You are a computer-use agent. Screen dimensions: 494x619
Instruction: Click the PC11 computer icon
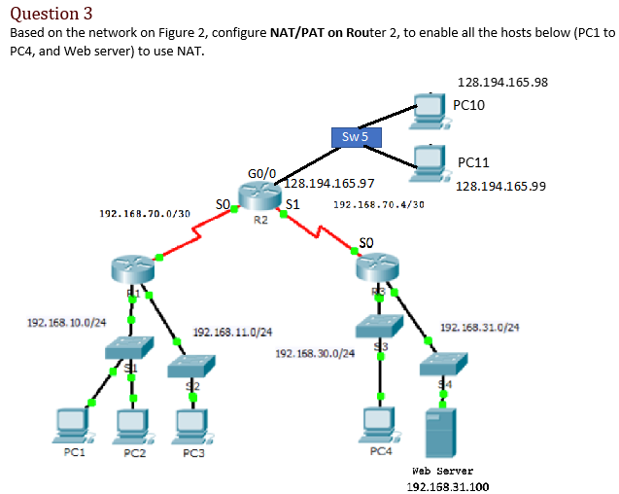tap(429, 161)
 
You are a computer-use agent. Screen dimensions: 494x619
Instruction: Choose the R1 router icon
tap(132, 269)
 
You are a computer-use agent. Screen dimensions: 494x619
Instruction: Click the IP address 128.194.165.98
tap(501, 82)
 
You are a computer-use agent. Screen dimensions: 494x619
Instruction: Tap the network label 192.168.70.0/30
tap(145, 212)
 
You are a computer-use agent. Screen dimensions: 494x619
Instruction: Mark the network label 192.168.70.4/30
tap(378, 205)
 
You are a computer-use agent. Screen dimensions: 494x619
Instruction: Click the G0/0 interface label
tap(261, 174)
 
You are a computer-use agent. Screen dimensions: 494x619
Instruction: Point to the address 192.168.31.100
tap(447, 485)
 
